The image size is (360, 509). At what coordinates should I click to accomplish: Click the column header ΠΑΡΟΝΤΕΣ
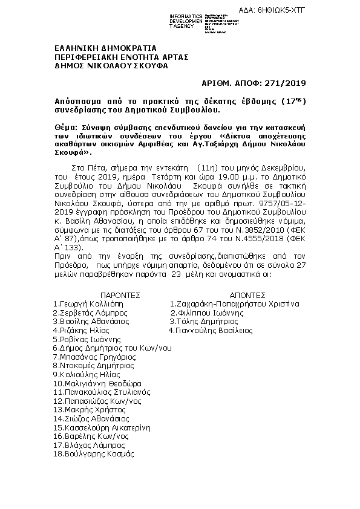pyautogui.click(x=105, y=295)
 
